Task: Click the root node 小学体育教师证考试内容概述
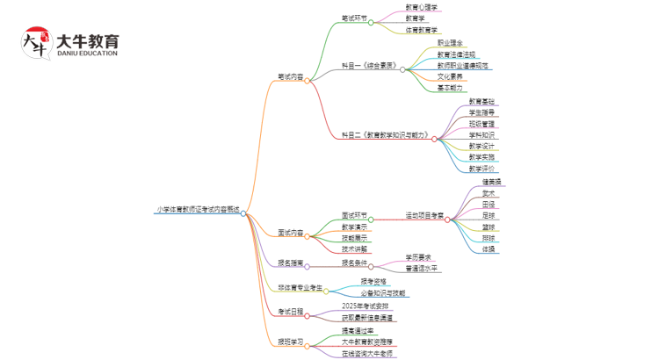pos(197,211)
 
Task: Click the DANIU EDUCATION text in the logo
pos(86,54)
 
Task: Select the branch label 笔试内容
pos(289,78)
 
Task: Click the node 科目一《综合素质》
pos(369,66)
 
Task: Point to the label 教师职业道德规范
pos(463,66)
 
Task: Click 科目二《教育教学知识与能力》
pos(385,136)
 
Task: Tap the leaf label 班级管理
pos(482,124)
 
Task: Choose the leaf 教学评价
pos(482,169)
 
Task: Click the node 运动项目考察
pos(424,215)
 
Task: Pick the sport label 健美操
pos(491,182)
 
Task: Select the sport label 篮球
pos(489,227)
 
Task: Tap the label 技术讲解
pos(354,249)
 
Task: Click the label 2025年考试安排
pos(365,306)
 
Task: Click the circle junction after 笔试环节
pos(371,23)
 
